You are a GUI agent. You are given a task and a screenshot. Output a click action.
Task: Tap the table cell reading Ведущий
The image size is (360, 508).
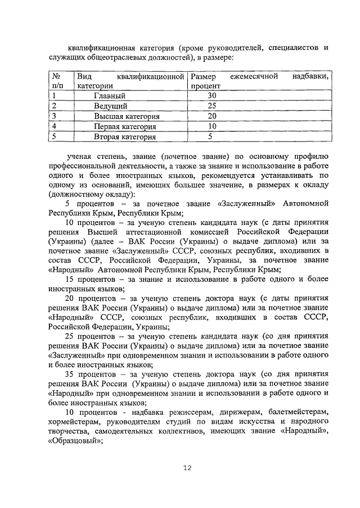tap(110, 106)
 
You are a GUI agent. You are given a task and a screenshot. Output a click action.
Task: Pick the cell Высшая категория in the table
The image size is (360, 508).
tap(127, 116)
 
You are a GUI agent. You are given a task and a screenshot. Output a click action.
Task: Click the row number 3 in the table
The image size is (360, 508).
tap(54, 116)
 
